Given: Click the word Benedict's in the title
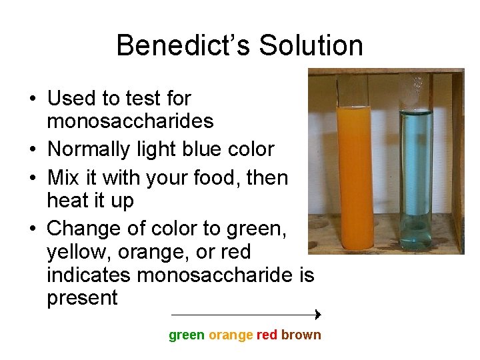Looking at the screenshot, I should [183, 46].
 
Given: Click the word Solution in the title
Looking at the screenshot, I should [311, 46].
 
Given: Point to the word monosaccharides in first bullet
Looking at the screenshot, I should [130, 121].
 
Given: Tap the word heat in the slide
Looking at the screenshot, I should [69, 200].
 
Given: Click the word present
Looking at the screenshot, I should [82, 298].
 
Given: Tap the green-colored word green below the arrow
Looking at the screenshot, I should [187, 335].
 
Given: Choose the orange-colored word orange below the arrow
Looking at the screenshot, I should [231, 335].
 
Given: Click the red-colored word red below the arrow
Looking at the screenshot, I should [267, 335].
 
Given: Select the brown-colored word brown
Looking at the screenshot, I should [301, 335].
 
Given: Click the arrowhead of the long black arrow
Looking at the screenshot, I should [318, 314].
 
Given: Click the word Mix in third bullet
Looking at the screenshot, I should [63, 178].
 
